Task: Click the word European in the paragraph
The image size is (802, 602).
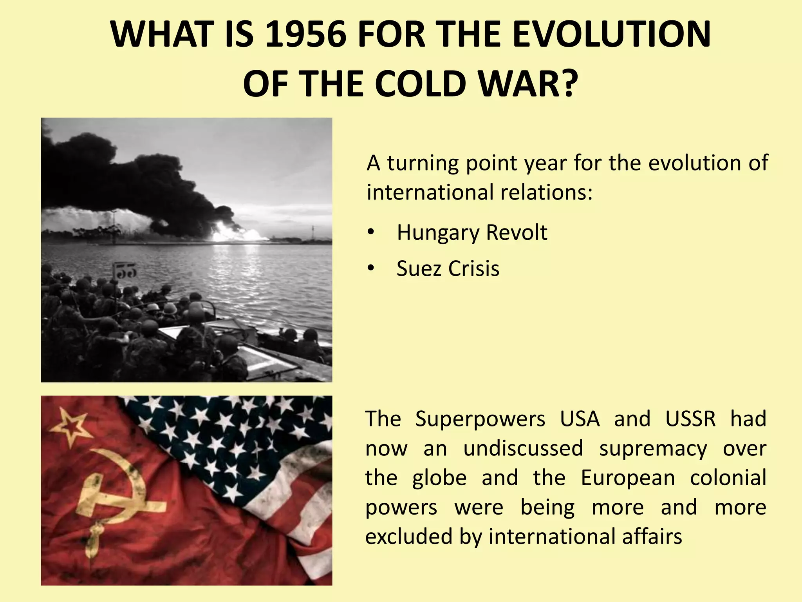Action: (628, 478)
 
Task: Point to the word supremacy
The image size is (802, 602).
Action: (653, 449)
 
